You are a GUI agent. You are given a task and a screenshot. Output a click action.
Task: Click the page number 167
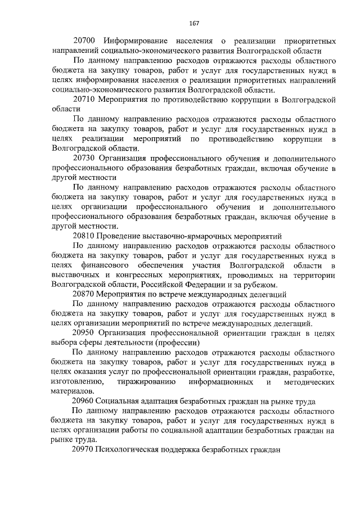(195, 23)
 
